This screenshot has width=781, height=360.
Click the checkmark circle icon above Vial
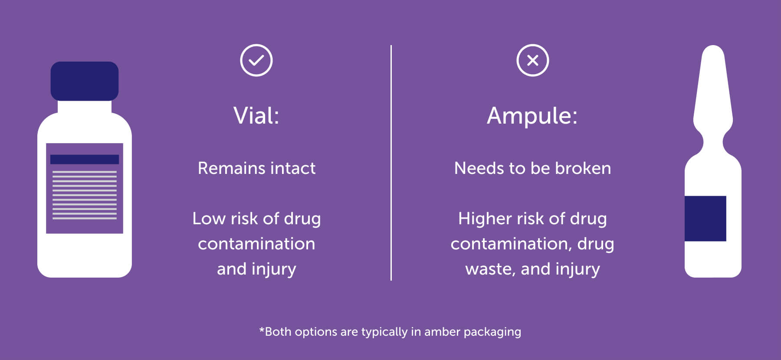tap(256, 60)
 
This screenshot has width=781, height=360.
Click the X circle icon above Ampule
tap(532, 60)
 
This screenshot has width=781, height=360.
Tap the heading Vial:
tap(256, 116)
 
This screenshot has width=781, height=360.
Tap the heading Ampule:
tap(532, 116)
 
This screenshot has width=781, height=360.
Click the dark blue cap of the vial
tap(85, 81)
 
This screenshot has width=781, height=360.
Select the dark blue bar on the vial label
tap(85, 159)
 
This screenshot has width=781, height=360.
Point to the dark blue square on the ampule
tap(705, 219)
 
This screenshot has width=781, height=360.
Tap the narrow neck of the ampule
tap(713, 141)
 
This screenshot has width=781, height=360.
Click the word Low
tap(208, 219)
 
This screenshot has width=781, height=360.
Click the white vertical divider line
tap(391, 163)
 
